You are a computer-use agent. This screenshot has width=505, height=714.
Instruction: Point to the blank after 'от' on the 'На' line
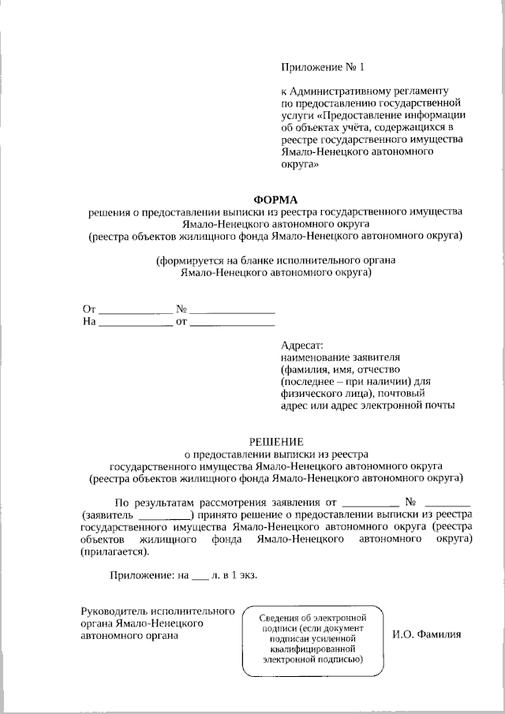233,322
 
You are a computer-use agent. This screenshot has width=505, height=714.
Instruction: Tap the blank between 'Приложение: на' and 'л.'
200,577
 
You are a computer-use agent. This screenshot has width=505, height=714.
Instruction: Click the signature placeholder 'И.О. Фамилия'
427,634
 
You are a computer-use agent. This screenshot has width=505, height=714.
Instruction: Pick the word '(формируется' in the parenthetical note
186,260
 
